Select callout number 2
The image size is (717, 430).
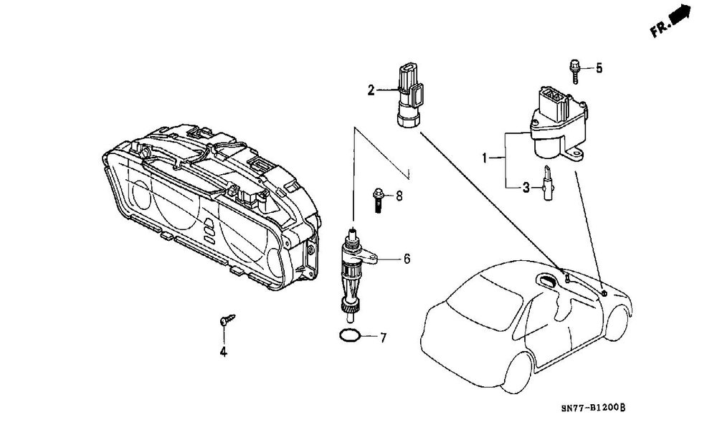click(371, 90)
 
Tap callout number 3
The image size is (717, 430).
click(526, 188)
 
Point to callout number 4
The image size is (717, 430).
click(223, 352)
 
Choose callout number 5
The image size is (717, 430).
click(599, 68)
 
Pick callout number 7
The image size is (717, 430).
click(383, 336)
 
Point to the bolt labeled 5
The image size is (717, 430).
click(574, 70)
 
